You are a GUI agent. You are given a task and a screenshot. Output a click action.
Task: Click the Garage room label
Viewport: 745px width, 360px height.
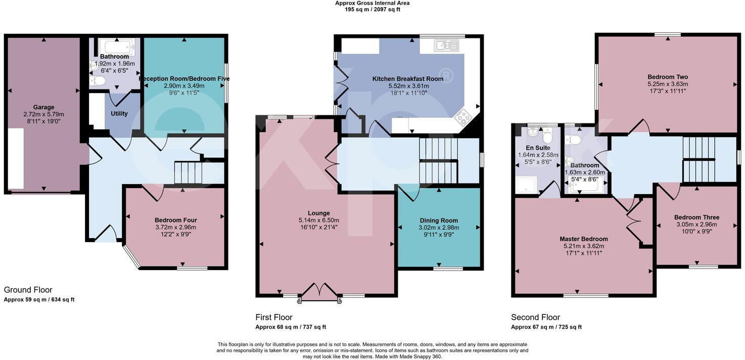tap(44, 107)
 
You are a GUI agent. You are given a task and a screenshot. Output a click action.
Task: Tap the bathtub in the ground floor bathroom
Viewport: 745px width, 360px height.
tap(116, 47)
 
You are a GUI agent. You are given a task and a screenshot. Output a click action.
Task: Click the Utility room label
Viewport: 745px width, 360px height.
tap(119, 114)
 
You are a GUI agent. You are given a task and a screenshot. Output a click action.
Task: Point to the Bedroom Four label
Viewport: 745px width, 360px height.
tap(175, 220)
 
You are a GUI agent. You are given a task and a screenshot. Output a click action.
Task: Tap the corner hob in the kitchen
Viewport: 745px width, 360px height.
tap(463, 117)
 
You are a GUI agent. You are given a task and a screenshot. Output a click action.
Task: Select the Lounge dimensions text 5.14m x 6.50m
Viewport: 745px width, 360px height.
tap(318, 220)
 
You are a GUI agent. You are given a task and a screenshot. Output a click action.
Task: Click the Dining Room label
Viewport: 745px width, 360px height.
tap(439, 220)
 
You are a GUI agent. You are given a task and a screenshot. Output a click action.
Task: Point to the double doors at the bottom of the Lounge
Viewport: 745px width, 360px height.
tap(319, 293)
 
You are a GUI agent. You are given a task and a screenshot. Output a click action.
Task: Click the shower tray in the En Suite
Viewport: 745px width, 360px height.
tap(526, 186)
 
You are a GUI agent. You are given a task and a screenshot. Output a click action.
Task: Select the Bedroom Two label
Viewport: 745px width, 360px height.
tap(667, 77)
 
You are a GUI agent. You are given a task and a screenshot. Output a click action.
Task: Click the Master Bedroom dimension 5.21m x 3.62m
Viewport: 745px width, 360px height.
tap(584, 246)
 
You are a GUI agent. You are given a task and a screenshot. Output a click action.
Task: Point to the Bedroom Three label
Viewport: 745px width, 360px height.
tap(696, 217)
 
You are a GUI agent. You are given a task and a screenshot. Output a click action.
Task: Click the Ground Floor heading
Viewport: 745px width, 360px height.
tap(28, 290)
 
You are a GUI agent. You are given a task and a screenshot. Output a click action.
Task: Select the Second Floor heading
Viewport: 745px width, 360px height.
tap(535, 317)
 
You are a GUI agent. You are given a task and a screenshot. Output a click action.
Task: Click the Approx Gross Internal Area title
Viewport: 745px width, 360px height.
tap(372, 3)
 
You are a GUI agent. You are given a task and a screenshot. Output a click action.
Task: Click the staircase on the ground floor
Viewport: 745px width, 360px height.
tap(188, 172)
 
